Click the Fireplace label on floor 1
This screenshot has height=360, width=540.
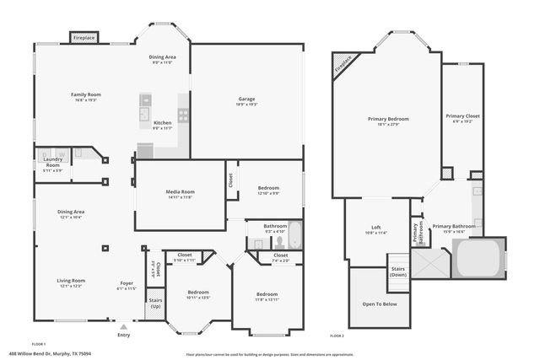pos(84,38)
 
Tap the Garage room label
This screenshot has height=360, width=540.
pos(246,99)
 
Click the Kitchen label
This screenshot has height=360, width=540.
pos(163,123)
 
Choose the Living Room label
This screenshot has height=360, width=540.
pos(71,281)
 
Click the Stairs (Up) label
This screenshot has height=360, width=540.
pos(155,303)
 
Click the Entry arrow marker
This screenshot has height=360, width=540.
pos(124,327)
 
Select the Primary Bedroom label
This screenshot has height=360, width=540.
pos(387,119)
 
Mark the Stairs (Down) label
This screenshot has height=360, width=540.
pos(398,272)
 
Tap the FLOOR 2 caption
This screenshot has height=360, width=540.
pos(337,335)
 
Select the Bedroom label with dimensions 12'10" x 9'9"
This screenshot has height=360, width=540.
pos(268,190)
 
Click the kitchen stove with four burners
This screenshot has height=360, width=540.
pos(183,116)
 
